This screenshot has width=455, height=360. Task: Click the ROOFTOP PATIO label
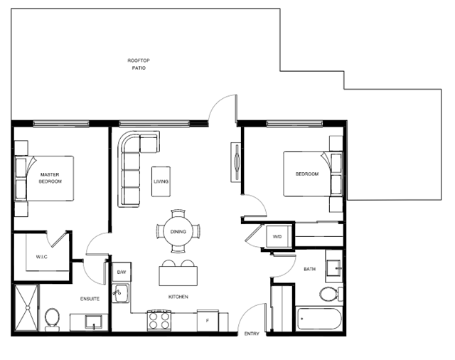tap(139, 64)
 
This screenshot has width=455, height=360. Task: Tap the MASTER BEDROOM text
tap(50, 178)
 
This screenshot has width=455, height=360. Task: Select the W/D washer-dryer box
tap(278, 236)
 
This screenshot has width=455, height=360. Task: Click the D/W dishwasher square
tap(122, 272)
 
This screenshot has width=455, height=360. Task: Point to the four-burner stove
tap(159, 321)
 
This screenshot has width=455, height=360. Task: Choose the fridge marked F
tap(208, 321)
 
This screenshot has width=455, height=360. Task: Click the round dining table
tap(178, 232)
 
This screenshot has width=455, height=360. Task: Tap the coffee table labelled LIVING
tap(161, 181)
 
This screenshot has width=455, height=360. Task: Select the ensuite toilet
tap(52, 319)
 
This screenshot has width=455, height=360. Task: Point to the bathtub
tap(319, 319)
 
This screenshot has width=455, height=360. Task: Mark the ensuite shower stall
tap(26, 308)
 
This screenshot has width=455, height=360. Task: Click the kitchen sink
tap(121, 294)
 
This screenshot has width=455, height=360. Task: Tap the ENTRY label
tap(252, 334)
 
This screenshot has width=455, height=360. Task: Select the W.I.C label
tap(42, 257)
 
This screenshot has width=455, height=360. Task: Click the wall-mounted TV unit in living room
tap(236, 162)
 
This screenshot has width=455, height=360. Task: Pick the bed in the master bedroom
tap(44, 179)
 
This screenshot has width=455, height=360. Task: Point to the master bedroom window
tap(61, 124)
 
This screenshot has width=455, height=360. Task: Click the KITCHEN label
tap(178, 297)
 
